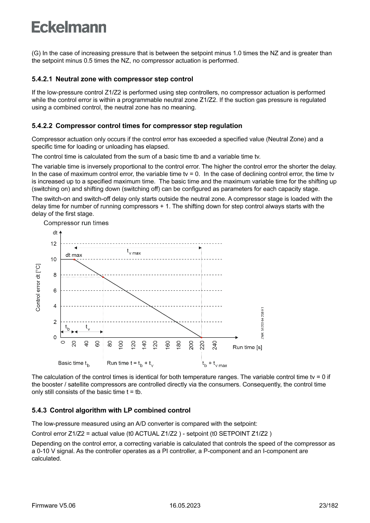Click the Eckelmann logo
tap(69, 27)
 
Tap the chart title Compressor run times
tap(76, 223)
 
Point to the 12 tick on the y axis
tap(54, 244)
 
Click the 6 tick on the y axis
tap(55, 291)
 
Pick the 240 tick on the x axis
tap(215, 345)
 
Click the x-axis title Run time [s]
tap(247, 347)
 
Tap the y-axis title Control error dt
tap(38, 287)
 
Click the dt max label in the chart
tap(74, 255)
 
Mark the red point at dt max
tap(74, 259)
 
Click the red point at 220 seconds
tap(201, 337)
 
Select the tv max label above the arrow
tap(133, 252)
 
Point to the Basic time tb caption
tap(74, 363)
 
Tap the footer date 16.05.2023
tap(185, 506)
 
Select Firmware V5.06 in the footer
tap(53, 506)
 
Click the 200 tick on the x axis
tap(191, 345)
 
